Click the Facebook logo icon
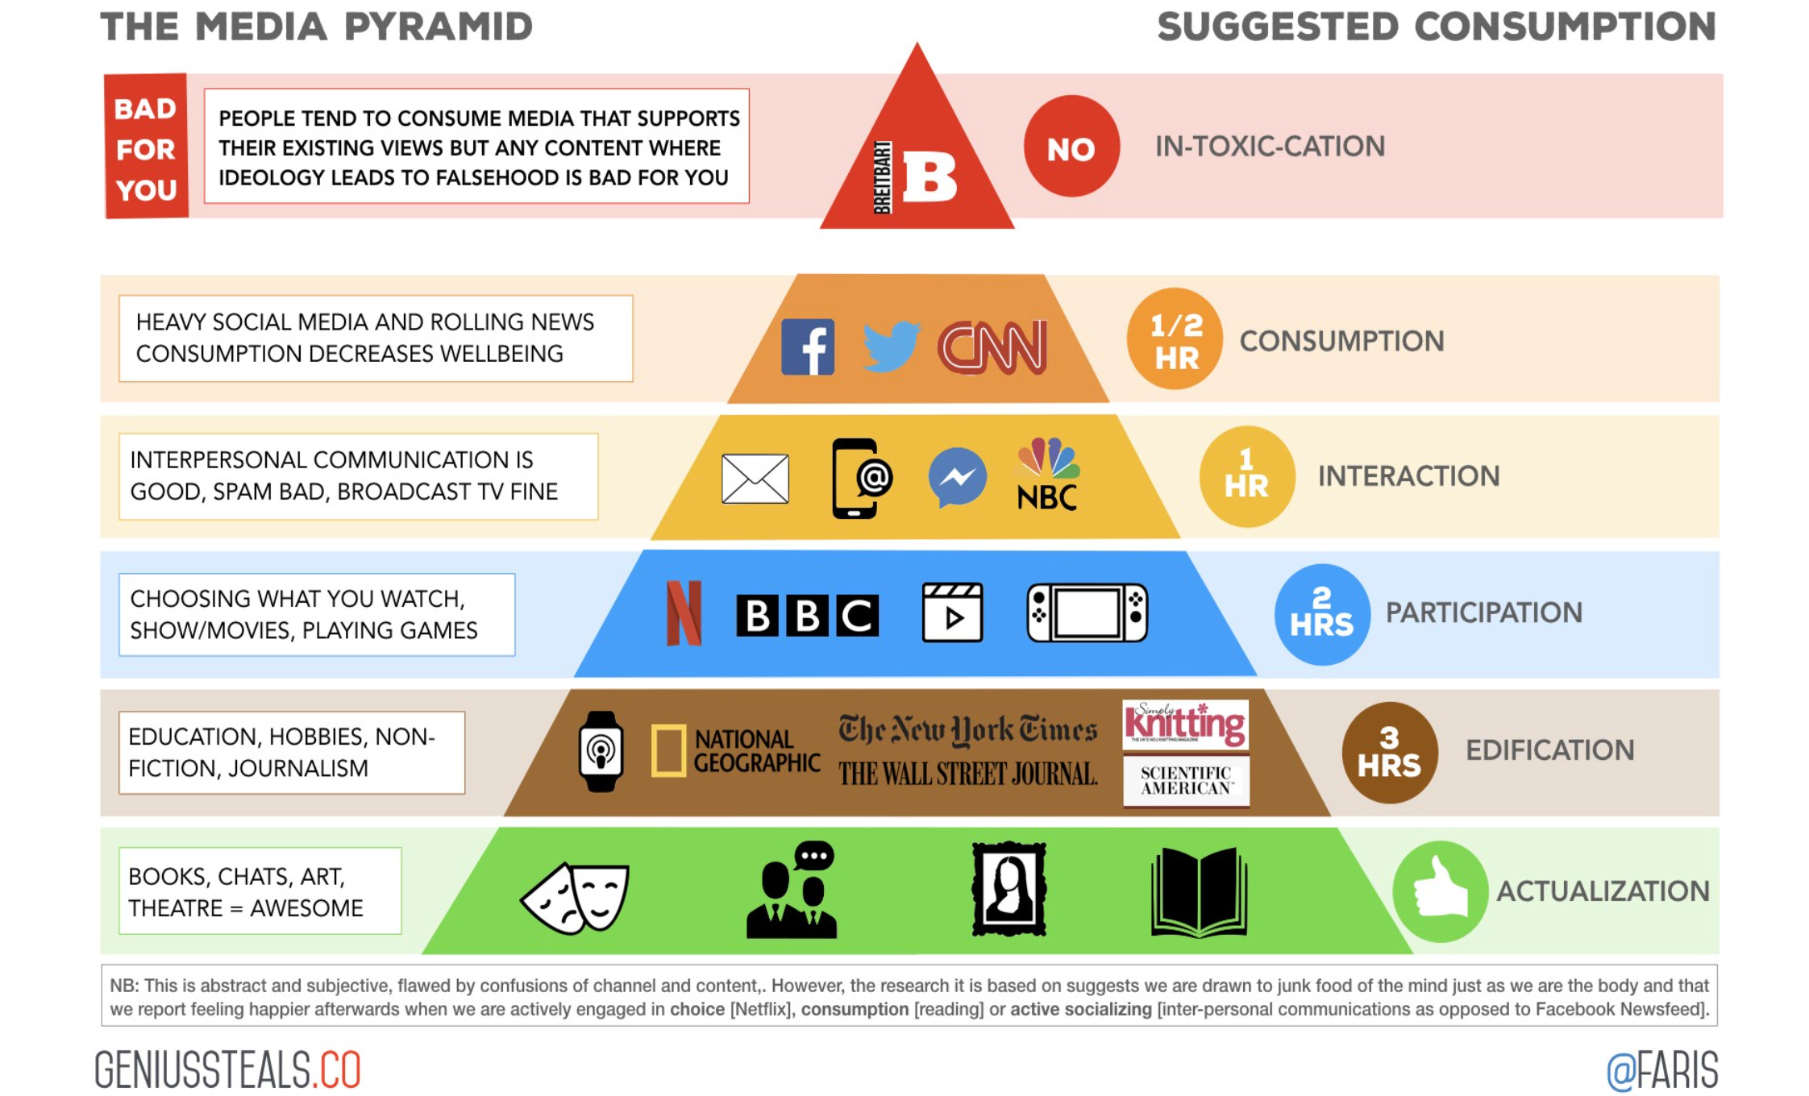tap(808, 347)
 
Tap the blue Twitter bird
tap(891, 347)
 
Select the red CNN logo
tap(992, 347)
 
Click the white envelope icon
tap(755, 479)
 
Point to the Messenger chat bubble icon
tap(957, 477)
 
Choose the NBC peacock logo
tap(1048, 475)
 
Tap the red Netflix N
tap(684, 613)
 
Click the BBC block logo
tap(807, 616)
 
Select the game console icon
tap(1087, 613)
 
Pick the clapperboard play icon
tap(952, 612)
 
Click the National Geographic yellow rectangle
tap(668, 751)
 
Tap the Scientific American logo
tap(1186, 780)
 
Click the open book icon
tap(1200, 892)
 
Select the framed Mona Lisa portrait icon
tap(1008, 890)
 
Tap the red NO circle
tap(1071, 147)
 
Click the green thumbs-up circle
tap(1440, 891)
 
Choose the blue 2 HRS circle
tap(1322, 614)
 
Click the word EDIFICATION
tap(1549, 750)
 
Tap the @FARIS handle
tap(1662, 1070)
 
